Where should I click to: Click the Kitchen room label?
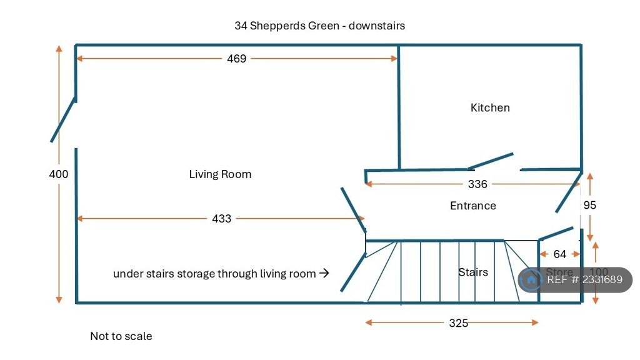tap(490, 107)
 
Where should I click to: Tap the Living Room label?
tap(220, 174)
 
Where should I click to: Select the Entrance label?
tap(473, 206)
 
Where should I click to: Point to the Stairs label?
tap(473, 272)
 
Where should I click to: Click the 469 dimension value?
tap(237, 59)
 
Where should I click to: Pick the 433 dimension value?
tap(222, 219)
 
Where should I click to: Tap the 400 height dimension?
tap(59, 174)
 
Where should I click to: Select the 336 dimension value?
tap(477, 184)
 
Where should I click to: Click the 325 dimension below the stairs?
tap(458, 323)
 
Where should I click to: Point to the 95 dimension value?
tap(590, 205)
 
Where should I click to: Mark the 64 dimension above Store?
tap(559, 254)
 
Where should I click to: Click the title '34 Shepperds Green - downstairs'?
tap(319, 26)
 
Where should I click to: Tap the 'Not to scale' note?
tap(121, 336)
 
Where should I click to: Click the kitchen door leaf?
tap(491, 161)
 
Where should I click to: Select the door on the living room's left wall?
tap(63, 119)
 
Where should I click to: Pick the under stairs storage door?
tap(353, 272)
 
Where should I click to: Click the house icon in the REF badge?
tap(531, 279)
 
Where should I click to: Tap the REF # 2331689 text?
tap(584, 279)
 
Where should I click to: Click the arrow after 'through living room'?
tap(324, 273)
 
